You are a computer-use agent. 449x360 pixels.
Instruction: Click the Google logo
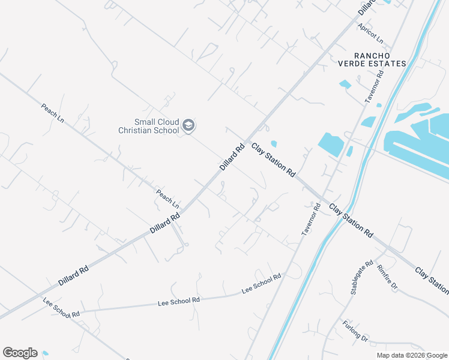tap(20, 353)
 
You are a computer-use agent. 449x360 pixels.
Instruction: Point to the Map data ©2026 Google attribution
tap(412, 355)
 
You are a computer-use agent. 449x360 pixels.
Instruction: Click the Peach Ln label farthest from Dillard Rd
tap(52, 113)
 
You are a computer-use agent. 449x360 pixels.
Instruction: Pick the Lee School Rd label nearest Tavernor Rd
tap(261, 283)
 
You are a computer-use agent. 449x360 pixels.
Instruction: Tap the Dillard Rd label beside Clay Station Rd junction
tap(232, 156)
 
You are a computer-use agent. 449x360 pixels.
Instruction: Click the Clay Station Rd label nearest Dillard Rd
tap(273, 159)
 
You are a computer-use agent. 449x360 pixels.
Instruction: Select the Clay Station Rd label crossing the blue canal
tap(351, 220)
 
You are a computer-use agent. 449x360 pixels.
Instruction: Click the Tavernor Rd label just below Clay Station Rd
tap(309, 218)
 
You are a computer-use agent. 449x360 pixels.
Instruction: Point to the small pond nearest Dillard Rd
tap(274, 143)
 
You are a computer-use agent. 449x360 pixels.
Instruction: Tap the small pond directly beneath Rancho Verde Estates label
tap(345, 85)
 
